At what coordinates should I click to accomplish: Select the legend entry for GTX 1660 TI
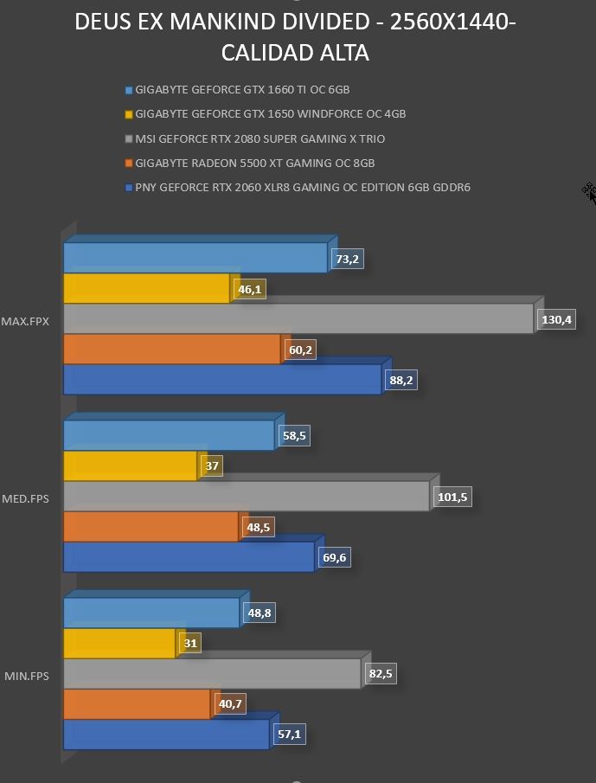[x=238, y=90]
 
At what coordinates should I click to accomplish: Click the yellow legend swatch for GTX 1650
[x=129, y=115]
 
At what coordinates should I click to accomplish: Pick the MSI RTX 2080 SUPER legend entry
[x=255, y=138]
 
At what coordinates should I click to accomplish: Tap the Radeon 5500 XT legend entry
[x=250, y=164]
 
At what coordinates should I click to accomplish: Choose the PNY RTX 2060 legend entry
[x=298, y=188]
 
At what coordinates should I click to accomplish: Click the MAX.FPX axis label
[x=25, y=322]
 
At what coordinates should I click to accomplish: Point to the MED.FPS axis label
[x=25, y=499]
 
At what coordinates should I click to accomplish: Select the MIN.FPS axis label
[x=27, y=676]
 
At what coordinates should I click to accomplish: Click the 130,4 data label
[x=556, y=319]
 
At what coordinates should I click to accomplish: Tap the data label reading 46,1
[x=250, y=290]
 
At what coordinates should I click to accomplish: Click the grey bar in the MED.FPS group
[x=247, y=496]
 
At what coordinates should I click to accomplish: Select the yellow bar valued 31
[x=119, y=643]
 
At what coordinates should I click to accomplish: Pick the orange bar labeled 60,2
[x=172, y=349]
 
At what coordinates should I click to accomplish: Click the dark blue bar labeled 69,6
[x=189, y=557]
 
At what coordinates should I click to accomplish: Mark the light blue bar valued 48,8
[x=151, y=613]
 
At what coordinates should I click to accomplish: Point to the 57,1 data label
[x=290, y=734]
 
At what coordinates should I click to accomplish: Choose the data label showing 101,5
[x=452, y=497]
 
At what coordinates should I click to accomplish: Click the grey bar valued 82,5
[x=212, y=674]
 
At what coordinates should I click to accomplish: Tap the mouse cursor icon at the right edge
[x=589, y=193]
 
